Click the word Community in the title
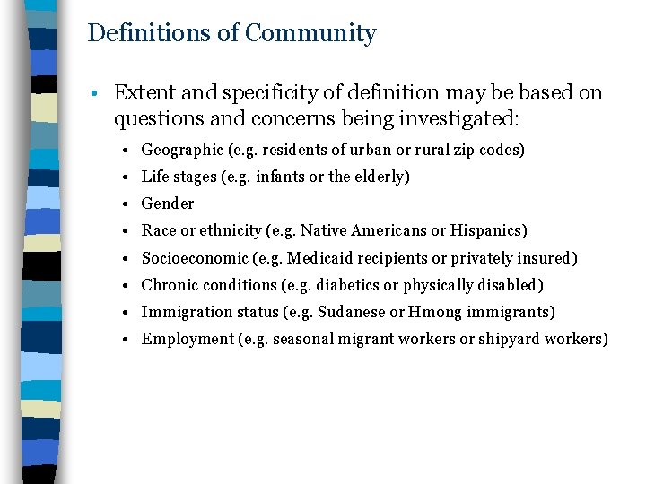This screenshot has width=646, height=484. [310, 34]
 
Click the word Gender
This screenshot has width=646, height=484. [168, 204]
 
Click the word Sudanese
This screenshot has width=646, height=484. [350, 312]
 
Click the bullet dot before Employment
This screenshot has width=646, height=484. [131, 340]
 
